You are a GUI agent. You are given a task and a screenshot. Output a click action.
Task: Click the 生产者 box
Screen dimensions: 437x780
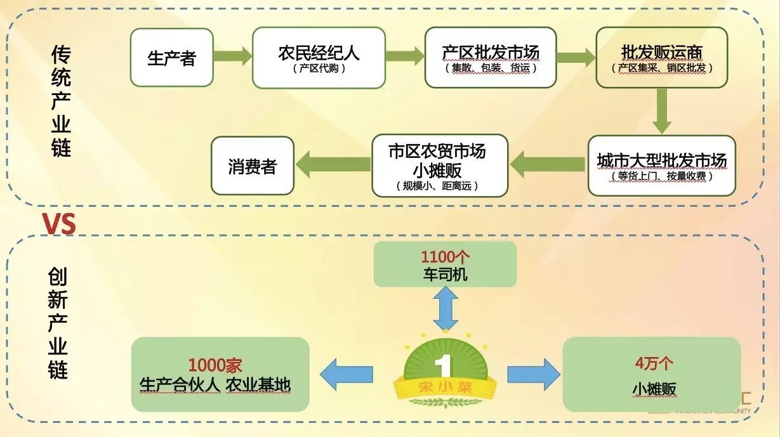tap(171, 58)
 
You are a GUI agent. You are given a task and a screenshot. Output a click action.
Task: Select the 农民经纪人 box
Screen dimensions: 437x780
tap(319, 58)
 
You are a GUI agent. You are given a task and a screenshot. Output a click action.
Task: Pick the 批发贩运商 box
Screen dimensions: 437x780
tap(661, 58)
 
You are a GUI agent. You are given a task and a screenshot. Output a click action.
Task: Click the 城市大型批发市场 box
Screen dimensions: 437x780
tap(661, 165)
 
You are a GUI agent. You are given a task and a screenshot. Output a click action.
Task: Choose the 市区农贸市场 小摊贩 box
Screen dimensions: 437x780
tap(439, 165)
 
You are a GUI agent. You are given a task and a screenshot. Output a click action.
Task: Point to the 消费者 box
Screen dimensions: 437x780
tap(252, 166)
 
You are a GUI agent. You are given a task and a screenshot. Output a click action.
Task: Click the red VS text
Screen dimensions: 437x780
tap(58, 224)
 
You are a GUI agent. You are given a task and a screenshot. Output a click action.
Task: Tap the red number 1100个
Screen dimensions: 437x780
tap(444, 258)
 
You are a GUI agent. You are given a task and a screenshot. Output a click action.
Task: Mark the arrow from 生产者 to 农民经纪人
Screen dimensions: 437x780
tap(232, 56)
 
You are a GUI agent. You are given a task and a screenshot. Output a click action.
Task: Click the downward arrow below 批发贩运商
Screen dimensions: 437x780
tap(661, 110)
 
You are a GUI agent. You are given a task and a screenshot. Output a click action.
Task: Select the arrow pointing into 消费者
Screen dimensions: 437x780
tap(334, 164)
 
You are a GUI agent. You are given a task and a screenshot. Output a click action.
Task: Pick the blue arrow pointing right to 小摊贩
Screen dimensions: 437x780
tap(533, 374)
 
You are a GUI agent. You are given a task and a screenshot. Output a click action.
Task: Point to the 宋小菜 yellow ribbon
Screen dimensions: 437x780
tap(444, 386)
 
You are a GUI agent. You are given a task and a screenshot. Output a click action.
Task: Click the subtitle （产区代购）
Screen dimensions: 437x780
tap(319, 68)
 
